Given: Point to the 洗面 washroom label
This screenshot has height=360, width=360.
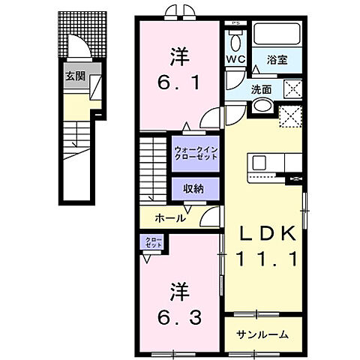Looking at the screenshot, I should [x=262, y=88].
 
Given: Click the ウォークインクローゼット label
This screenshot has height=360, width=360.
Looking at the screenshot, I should [x=194, y=152].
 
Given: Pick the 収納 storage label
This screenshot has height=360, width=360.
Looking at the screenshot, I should [x=194, y=187].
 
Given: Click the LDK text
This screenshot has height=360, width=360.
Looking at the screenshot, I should [x=263, y=234].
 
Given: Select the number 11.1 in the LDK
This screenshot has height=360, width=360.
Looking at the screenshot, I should [x=263, y=259].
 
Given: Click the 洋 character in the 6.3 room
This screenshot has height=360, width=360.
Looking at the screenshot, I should [x=180, y=287].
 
